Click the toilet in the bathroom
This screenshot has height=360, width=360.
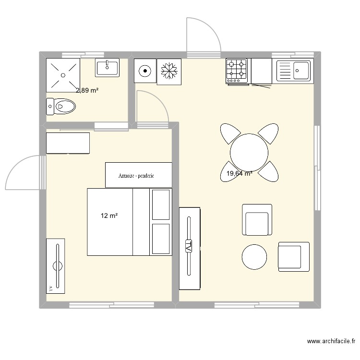click(x=61, y=106)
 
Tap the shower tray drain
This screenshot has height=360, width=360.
click(x=63, y=75)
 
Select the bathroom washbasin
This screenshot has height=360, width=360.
click(x=107, y=68)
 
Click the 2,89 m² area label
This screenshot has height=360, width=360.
click(x=87, y=90)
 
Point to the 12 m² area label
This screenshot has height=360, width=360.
click(x=109, y=216)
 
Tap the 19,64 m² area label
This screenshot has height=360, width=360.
click(x=240, y=174)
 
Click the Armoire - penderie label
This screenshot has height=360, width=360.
click(x=136, y=176)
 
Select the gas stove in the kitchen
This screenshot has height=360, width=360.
click(x=237, y=71)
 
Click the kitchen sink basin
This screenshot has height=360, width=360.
click(x=301, y=71)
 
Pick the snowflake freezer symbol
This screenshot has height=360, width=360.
click(x=169, y=71)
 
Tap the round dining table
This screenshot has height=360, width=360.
click(x=249, y=153)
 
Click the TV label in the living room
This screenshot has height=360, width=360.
click(x=189, y=246)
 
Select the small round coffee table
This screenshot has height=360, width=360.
click(x=254, y=257)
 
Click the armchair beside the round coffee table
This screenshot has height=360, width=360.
click(x=294, y=257)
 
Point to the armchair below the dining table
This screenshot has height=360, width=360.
click(x=257, y=220)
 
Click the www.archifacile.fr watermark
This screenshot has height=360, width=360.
click(x=331, y=341)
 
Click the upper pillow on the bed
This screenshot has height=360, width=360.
click(x=161, y=204)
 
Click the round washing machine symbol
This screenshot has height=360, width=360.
click(x=145, y=71)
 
